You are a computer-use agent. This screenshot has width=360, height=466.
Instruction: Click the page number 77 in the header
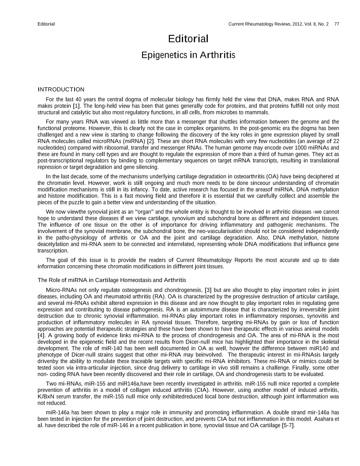coord(337,23)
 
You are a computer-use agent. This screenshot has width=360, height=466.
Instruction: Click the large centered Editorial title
coord(188,39)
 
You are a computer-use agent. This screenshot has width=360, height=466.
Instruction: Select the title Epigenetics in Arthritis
coord(188,56)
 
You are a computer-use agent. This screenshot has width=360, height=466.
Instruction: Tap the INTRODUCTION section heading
coord(61,90)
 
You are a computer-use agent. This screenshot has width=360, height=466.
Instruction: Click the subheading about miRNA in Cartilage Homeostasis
coord(112,280)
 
